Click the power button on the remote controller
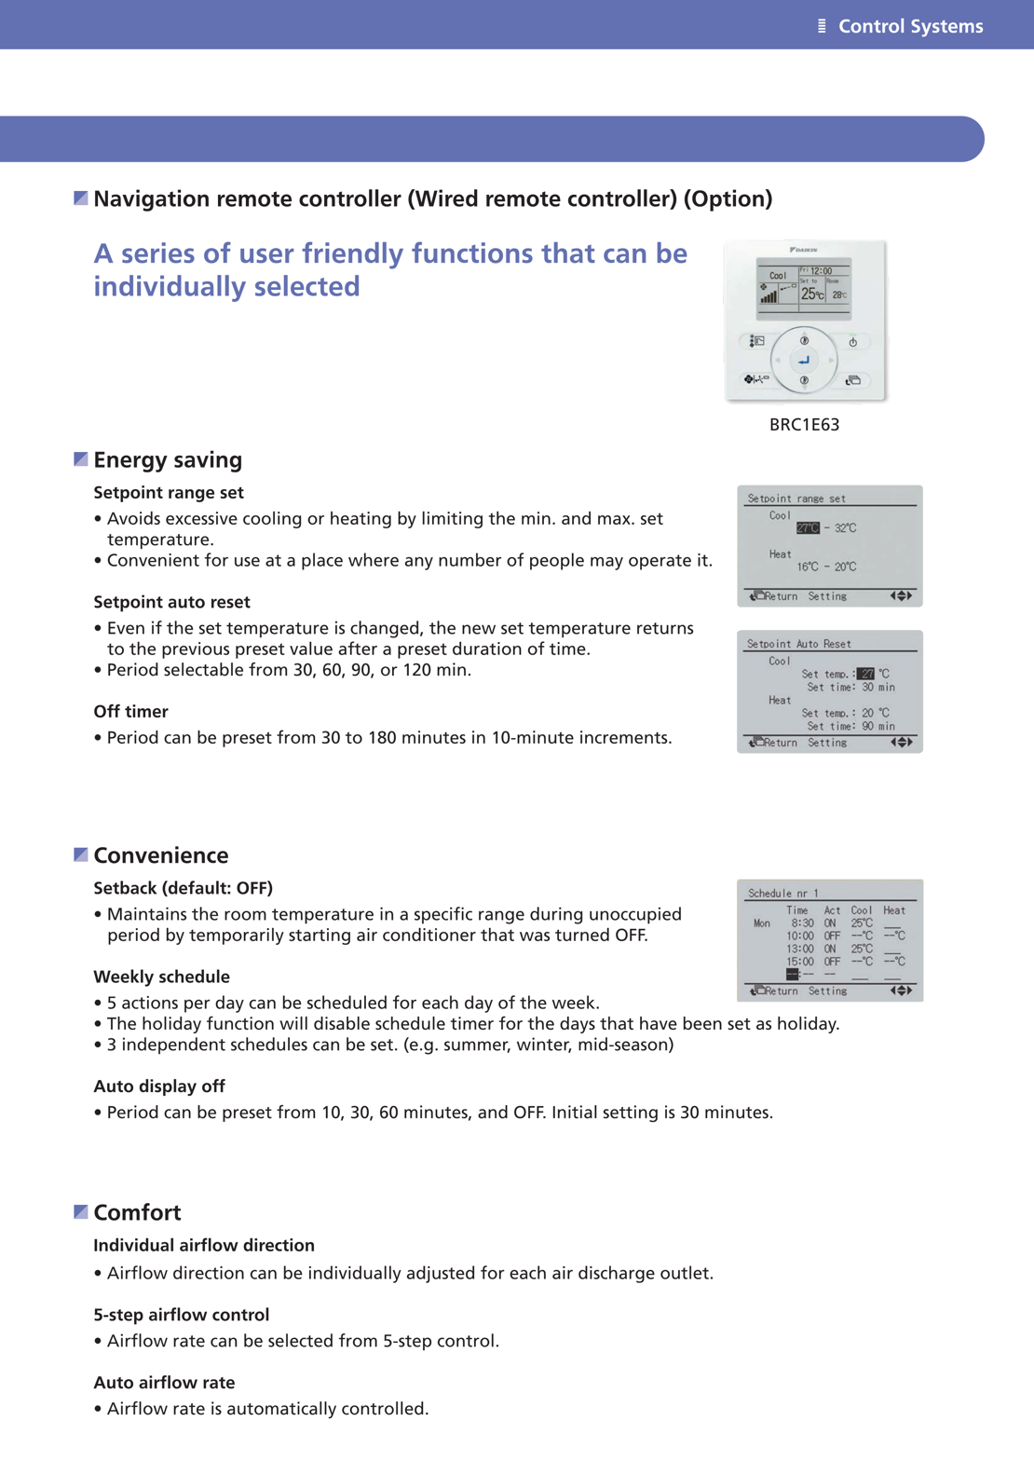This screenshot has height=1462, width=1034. click(x=852, y=342)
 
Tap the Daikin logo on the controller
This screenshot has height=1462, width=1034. click(x=804, y=250)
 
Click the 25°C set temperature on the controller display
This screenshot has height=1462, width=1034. click(x=811, y=294)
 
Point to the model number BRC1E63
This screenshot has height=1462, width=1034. click(x=804, y=425)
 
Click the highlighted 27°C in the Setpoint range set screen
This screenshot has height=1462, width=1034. click(x=808, y=528)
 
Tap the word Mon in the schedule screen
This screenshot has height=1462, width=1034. click(x=762, y=923)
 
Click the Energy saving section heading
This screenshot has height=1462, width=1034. click(x=168, y=459)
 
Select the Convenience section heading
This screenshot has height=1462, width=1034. click(x=161, y=855)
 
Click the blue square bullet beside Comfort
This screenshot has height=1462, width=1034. click(x=81, y=1211)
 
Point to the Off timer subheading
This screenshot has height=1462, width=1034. click(x=130, y=712)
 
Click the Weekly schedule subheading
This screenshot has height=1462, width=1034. click(x=161, y=977)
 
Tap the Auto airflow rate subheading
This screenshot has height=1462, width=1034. click(x=164, y=1383)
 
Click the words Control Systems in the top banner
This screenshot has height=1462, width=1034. click(x=910, y=26)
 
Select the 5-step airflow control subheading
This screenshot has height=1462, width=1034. click(x=181, y=1315)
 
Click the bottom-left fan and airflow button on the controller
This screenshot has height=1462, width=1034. click(x=755, y=379)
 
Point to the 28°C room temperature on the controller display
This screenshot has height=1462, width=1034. click(x=838, y=295)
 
